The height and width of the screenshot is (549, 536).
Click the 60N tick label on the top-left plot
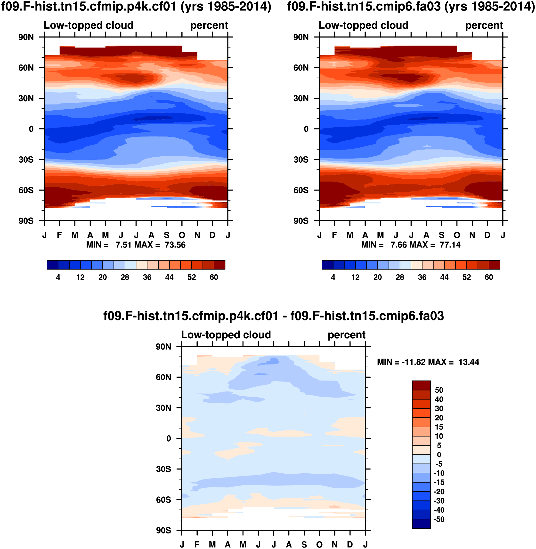(x=26, y=68)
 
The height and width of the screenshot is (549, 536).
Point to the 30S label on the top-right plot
(x=301, y=160)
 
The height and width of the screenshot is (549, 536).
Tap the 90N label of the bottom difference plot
(x=163, y=347)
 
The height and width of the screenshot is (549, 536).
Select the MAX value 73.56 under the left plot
(x=175, y=245)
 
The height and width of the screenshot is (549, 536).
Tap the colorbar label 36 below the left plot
(x=147, y=278)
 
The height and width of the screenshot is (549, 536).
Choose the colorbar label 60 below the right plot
(x=489, y=278)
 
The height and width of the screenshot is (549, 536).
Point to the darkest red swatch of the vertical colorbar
(x=421, y=385)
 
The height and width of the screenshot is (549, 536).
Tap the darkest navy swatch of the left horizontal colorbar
(x=53, y=265)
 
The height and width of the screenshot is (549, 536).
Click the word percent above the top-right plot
(x=484, y=25)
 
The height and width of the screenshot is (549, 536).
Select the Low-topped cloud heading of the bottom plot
(x=226, y=335)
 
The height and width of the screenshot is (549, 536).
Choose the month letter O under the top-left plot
(x=182, y=235)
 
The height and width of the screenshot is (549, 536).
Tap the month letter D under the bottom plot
(x=350, y=544)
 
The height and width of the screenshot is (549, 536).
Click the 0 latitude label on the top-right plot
(x=306, y=129)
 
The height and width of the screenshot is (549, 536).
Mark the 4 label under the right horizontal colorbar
(x=333, y=278)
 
